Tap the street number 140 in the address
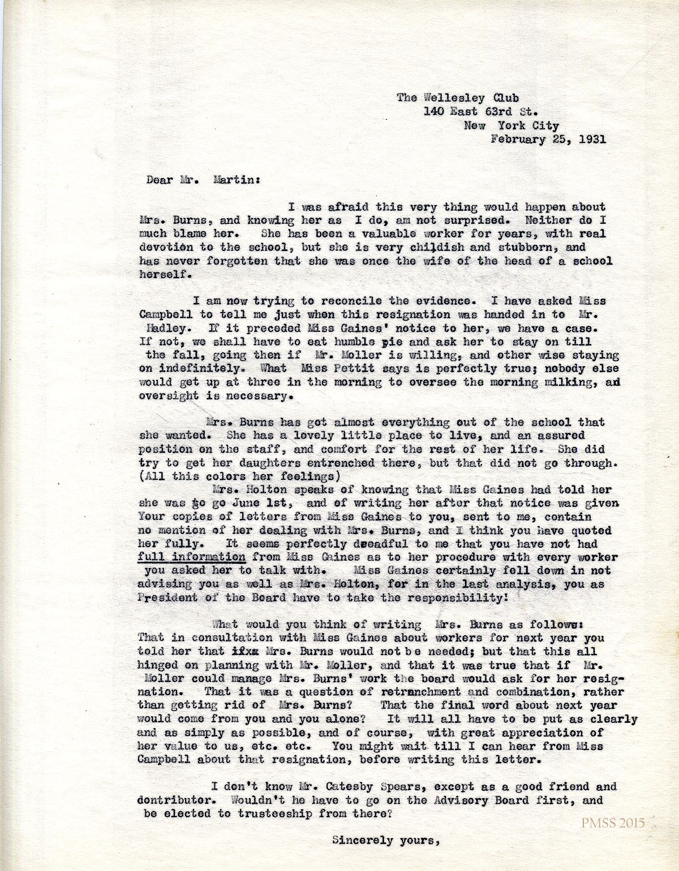pyautogui.click(x=435, y=112)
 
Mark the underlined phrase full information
pyautogui.click(x=192, y=557)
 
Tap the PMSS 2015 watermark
pyautogui.click(x=612, y=823)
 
